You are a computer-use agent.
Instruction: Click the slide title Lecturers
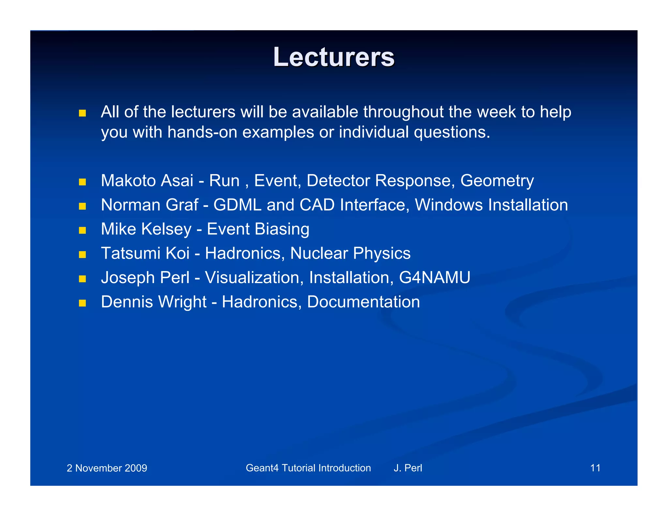tap(334, 57)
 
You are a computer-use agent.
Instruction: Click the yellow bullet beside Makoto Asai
tap(82, 182)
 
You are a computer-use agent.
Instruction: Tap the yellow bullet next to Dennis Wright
tap(82, 303)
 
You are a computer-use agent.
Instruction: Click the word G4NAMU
tap(434, 278)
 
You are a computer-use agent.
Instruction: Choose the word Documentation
tap(363, 302)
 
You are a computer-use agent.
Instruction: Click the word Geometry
tap(497, 181)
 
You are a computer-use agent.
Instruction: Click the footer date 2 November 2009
tap(107, 468)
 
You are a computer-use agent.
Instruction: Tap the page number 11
tap(595, 468)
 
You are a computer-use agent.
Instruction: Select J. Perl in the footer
tap(408, 468)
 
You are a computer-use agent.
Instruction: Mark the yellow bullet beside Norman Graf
tap(82, 206)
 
